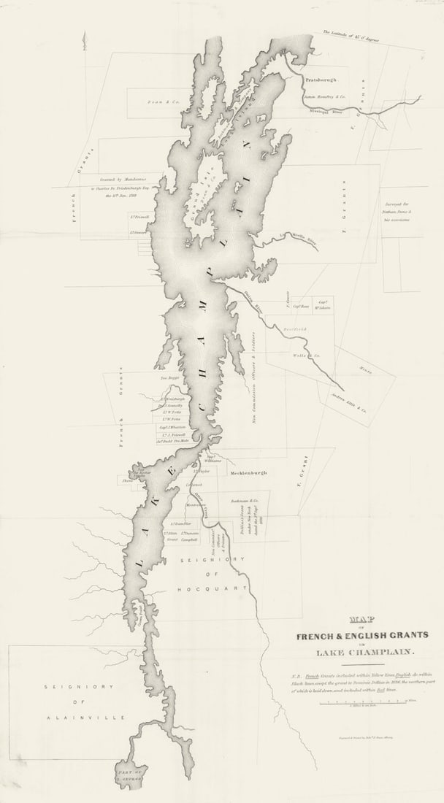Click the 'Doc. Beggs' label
(x=169, y=379)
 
